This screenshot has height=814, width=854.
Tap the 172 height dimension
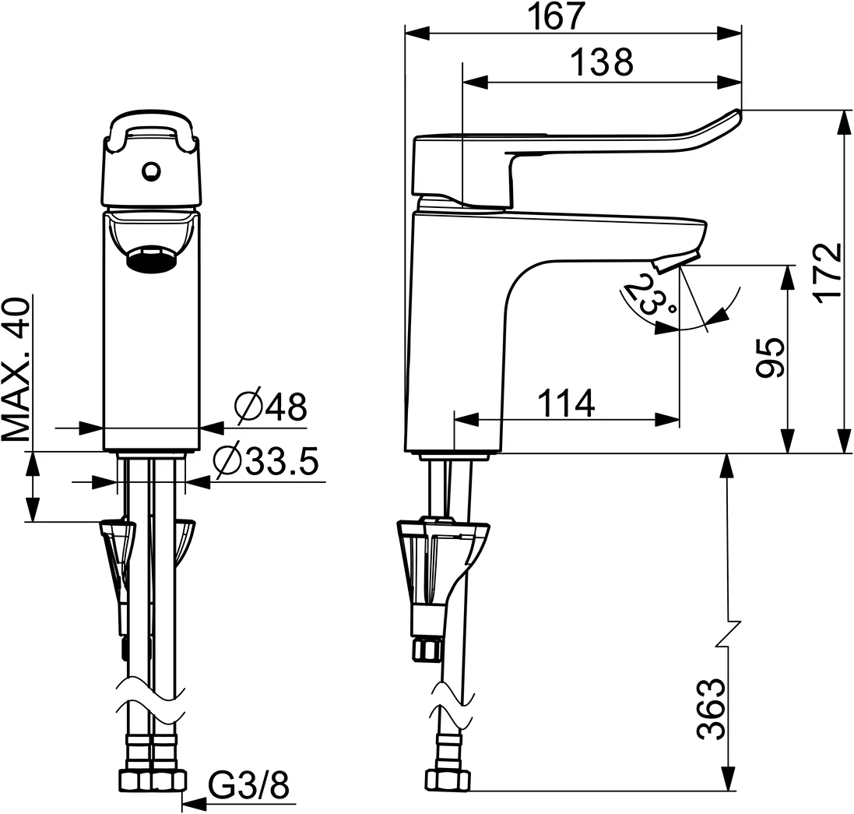(830, 271)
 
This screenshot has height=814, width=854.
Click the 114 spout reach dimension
(566, 403)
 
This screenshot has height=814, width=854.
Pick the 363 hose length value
(710, 709)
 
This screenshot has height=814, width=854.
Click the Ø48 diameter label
(269, 407)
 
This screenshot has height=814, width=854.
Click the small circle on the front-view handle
(151, 169)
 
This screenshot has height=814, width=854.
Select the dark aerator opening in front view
(152, 259)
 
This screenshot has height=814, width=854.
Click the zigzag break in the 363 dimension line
(729, 631)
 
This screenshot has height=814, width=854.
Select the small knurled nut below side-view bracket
(428, 647)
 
